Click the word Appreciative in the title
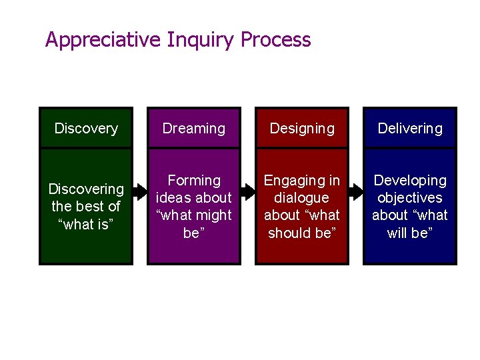click(x=103, y=40)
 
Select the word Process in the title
click(x=275, y=40)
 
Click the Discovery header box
click(x=86, y=128)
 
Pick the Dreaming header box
click(x=194, y=128)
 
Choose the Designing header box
click(x=302, y=128)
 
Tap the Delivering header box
click(x=410, y=128)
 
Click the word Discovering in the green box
click(x=86, y=189)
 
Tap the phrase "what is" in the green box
click(x=86, y=225)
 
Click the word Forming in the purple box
click(x=194, y=181)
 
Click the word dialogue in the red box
click(x=302, y=198)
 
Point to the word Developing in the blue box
click(x=410, y=181)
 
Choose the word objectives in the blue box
click(x=410, y=198)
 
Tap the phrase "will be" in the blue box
click(x=410, y=233)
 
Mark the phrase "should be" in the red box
click(x=302, y=233)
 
